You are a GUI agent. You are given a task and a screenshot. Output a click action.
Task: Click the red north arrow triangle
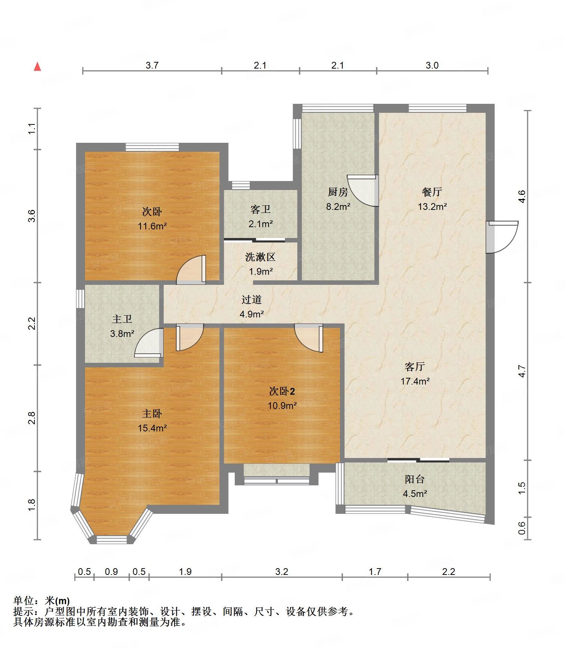(x=37, y=67)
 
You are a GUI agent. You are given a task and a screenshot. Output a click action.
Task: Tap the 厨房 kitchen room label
(x=338, y=192)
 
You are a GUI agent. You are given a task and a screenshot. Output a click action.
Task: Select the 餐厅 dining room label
(x=432, y=192)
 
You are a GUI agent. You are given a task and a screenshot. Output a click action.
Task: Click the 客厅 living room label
(x=414, y=367)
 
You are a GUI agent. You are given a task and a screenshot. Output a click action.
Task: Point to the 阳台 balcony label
(x=414, y=479)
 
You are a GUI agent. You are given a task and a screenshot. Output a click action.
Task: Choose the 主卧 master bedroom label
(x=152, y=413)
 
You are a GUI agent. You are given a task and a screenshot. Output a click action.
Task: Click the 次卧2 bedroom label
(x=282, y=391)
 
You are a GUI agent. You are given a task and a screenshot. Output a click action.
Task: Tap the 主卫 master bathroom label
(x=122, y=319)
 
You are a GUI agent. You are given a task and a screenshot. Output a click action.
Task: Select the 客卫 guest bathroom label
(x=260, y=209)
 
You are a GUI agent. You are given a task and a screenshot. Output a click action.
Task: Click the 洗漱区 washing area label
(x=260, y=257)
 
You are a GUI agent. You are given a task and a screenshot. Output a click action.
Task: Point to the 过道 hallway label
(x=251, y=299)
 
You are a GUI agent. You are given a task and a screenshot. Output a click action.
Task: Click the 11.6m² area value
(x=152, y=226)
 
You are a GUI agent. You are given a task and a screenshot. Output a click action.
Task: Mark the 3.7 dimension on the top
(x=152, y=65)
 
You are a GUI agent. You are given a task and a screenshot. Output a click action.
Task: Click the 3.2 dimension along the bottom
(x=282, y=572)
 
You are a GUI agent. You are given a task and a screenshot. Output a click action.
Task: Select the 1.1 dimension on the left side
(x=32, y=129)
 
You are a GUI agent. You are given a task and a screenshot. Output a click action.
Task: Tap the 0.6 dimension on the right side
(x=522, y=528)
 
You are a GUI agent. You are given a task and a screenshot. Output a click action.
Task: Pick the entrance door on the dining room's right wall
(x=502, y=237)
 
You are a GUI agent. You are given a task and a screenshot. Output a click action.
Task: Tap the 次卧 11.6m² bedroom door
(x=191, y=269)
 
